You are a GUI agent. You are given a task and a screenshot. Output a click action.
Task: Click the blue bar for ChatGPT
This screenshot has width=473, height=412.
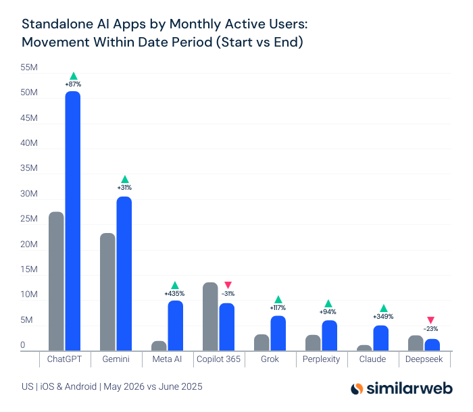click(73, 221)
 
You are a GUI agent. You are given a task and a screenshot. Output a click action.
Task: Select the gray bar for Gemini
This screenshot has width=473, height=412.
click(107, 292)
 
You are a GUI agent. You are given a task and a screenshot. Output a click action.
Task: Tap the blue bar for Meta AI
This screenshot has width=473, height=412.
click(176, 326)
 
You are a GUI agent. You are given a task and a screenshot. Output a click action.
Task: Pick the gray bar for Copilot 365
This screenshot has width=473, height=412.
click(210, 317)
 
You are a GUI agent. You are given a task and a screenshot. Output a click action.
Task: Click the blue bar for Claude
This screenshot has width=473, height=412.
click(380, 338)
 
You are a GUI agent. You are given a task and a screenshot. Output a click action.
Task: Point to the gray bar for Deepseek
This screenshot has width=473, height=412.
click(416, 343)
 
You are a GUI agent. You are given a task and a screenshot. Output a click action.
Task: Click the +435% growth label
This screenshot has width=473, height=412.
click(174, 294)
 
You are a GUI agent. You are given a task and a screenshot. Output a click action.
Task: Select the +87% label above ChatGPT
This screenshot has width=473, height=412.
click(73, 84)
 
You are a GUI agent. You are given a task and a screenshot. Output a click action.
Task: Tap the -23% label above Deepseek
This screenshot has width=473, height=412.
click(430, 329)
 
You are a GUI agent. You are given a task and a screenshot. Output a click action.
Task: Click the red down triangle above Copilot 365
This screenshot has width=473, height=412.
click(228, 285)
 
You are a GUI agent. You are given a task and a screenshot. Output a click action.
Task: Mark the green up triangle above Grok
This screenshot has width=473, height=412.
click(278, 299)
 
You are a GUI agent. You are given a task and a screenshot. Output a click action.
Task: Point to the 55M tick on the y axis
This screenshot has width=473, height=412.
click(29, 68)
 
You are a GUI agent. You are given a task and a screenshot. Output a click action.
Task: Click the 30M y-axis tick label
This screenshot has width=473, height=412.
click(29, 194)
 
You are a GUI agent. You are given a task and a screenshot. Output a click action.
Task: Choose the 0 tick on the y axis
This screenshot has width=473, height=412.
click(22, 345)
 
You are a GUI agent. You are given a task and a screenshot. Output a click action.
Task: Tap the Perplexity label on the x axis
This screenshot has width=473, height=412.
click(321, 359)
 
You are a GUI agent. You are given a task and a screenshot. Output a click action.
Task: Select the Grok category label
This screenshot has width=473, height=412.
click(270, 359)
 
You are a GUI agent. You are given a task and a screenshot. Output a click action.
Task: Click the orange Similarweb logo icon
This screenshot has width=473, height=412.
click(357, 388)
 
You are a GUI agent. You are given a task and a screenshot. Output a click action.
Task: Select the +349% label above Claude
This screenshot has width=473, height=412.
click(383, 317)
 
